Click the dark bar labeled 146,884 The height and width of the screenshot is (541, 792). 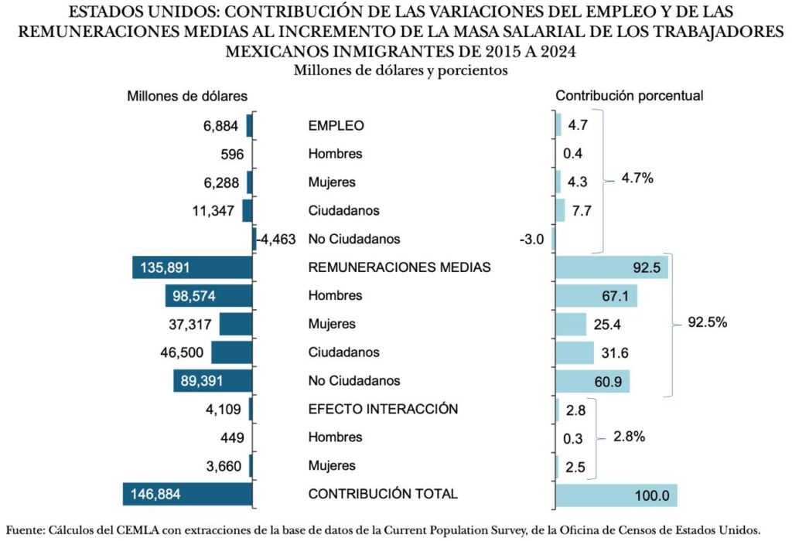coord(188,495)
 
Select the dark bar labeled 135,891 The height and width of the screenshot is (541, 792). coord(193,267)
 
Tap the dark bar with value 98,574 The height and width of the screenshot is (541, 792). coord(209,296)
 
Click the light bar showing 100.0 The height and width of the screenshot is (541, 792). coord(616,495)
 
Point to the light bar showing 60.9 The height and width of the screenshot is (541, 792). coord(592,381)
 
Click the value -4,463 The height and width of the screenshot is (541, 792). coord(276,240)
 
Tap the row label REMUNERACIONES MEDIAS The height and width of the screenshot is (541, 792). coord(399,267)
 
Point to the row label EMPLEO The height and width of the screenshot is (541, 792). coord(336,125)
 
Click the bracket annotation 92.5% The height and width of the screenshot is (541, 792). coord(707,324)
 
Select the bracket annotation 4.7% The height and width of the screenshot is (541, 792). coord(637,179)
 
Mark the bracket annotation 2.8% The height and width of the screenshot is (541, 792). coord(629,437)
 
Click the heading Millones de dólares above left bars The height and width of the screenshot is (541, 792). coord(187,97)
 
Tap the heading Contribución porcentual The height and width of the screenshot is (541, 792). coord(629,97)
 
